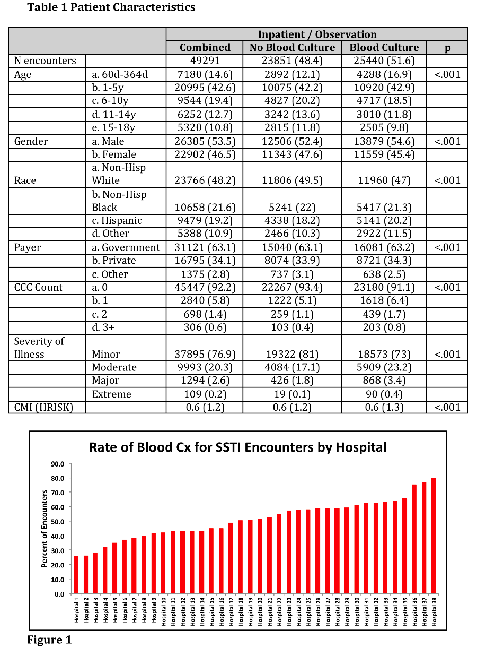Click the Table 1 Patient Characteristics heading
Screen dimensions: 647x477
tap(111, 7)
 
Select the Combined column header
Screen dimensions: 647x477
tap(205, 47)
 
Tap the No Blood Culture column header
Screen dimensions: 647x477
tap(292, 47)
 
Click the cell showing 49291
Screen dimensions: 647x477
tap(205, 61)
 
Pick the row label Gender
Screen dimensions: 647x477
tap(31, 141)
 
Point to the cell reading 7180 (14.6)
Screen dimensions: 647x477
tap(205, 74)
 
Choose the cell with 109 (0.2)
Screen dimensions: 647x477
tap(205, 394)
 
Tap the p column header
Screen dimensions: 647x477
tap(447, 47)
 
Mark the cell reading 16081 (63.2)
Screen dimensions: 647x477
tap(384, 247)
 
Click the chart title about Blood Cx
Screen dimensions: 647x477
tap(237, 447)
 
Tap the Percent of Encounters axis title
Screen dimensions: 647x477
tap(45, 529)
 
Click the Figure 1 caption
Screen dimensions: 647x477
tap(49, 640)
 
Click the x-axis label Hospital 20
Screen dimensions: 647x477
tap(260, 610)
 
